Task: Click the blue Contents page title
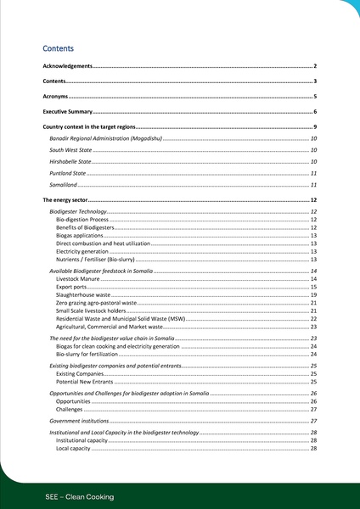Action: [59, 49]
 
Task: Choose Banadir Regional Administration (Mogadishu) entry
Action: [105, 137]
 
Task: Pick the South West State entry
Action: [70, 149]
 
